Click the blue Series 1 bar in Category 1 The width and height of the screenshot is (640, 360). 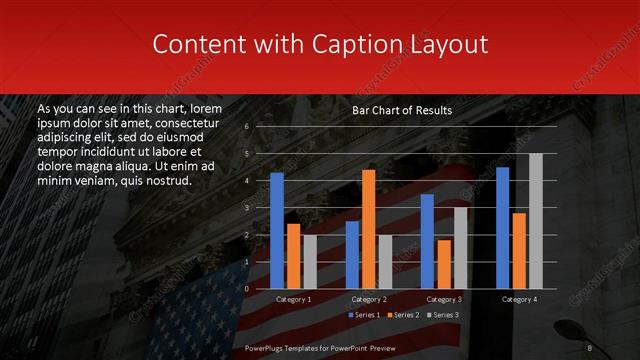(277, 230)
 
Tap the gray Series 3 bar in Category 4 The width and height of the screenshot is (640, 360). (535, 220)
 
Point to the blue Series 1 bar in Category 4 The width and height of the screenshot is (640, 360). (502, 227)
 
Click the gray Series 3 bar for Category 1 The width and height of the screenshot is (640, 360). (310, 261)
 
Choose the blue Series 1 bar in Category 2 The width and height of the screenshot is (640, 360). (352, 254)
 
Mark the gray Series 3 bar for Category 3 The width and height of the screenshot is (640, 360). (460, 247)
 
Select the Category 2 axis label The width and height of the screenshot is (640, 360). (369, 299)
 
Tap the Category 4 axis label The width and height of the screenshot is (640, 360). (518, 299)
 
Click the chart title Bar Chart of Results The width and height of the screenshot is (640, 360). (402, 110)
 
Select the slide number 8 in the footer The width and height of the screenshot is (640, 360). (590, 348)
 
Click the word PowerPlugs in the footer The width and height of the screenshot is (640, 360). (266, 348)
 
